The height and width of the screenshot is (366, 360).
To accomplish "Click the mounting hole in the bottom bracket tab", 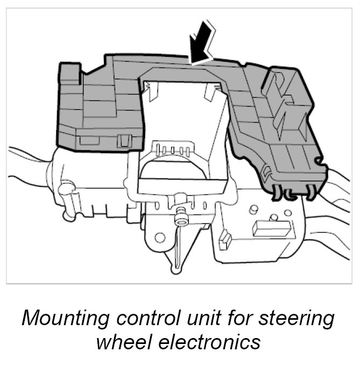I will point(159,237).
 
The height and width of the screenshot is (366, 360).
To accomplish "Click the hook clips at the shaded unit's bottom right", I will point(293,191).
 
